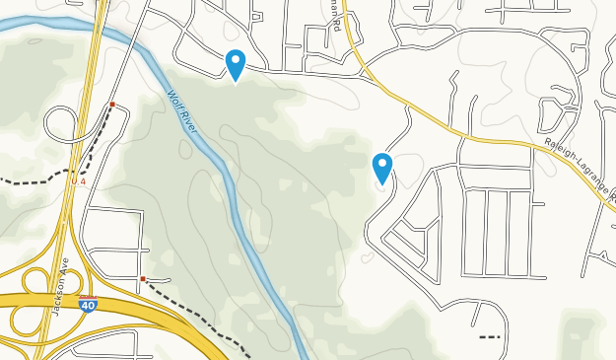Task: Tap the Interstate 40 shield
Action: [x=89, y=304]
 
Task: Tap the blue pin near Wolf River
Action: [x=236, y=64]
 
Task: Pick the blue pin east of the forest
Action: [x=382, y=167]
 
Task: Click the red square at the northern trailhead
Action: [x=113, y=104]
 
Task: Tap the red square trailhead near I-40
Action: [x=143, y=279]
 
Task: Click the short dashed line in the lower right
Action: [x=490, y=337]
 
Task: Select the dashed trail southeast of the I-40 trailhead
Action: [x=197, y=313]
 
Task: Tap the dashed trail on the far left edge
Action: [x=25, y=182]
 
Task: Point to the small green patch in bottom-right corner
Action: [x=582, y=335]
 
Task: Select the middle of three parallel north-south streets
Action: [x=485, y=232]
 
